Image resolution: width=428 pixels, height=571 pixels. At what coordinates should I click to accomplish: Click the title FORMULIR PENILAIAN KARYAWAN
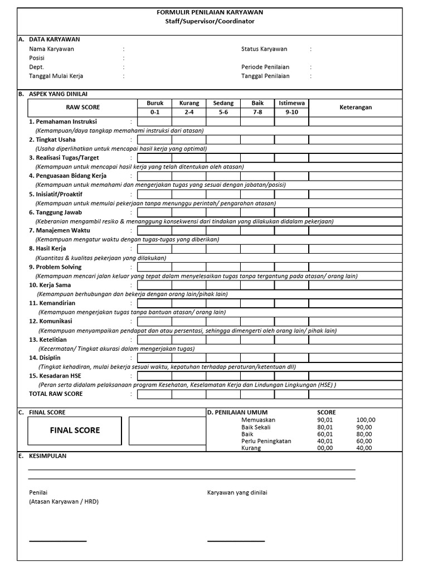point(210,12)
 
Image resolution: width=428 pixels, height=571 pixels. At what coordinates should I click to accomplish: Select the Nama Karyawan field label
point(51,49)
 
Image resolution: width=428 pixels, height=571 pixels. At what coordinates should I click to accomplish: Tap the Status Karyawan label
point(264,49)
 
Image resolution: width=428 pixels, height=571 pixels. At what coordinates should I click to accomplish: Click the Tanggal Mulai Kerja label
point(56,76)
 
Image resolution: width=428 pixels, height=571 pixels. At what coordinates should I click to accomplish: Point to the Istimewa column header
point(291,103)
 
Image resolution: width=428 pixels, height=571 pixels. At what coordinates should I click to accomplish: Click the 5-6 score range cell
point(223,112)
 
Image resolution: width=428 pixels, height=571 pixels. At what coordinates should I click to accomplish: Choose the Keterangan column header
point(356,108)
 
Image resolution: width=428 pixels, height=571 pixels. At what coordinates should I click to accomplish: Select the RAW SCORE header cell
point(83,107)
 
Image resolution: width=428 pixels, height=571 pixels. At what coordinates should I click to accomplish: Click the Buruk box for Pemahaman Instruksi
point(155,122)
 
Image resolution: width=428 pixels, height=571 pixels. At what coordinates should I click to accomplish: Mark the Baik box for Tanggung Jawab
point(257,212)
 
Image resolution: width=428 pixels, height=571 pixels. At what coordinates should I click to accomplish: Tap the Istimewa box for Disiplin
point(291,357)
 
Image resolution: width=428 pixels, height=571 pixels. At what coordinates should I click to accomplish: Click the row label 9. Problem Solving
point(55,267)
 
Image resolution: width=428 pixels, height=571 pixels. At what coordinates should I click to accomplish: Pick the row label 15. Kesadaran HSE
point(55,376)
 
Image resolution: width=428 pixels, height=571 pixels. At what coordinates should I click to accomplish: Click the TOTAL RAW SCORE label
point(56,394)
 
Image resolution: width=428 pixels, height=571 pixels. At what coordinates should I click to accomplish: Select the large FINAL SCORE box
point(75,430)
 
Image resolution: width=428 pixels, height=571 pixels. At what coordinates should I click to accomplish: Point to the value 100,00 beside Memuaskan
point(366,420)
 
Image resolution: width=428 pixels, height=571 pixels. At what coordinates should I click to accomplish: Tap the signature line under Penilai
point(58,541)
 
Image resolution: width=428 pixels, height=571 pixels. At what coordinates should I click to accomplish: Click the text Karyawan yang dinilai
point(237,492)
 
